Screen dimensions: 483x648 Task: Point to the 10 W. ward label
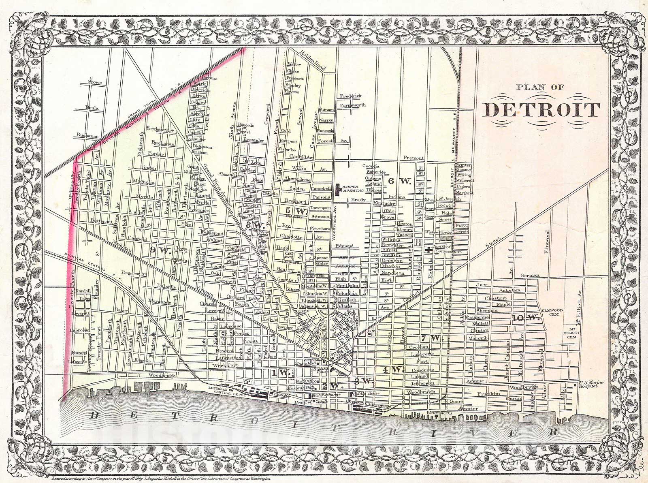526,318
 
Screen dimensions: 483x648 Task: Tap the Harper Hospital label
352,190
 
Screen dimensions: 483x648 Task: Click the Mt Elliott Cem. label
573,334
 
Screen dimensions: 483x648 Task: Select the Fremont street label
414,158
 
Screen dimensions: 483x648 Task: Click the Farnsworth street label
353,105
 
